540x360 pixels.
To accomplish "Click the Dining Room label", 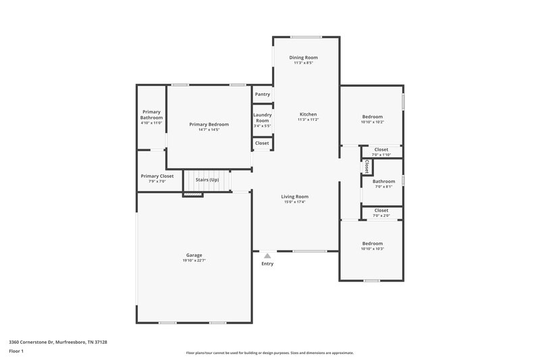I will point(303,57).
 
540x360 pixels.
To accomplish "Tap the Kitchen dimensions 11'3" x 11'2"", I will point(308,120).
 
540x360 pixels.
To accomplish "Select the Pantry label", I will point(263,94).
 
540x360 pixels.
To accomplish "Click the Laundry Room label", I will point(262,118).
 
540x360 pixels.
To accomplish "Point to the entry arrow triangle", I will point(267,255).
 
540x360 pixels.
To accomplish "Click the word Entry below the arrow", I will point(267,263).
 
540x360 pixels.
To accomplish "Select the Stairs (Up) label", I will point(207,180).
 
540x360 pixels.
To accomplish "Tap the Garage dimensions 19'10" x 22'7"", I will point(194,260).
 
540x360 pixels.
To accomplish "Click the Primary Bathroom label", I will point(151,114).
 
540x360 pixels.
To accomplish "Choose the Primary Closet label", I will point(157,176).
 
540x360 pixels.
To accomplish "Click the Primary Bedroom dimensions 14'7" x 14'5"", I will point(209,130).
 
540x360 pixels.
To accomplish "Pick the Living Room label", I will point(294,196).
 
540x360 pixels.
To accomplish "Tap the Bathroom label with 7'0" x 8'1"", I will point(384,180).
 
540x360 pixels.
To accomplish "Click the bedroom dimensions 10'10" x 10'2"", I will point(372,122).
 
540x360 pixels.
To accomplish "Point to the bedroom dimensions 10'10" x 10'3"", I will point(372,249).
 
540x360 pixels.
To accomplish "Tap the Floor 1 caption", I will point(16,352).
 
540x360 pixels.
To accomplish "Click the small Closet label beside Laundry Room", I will point(262,143).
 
